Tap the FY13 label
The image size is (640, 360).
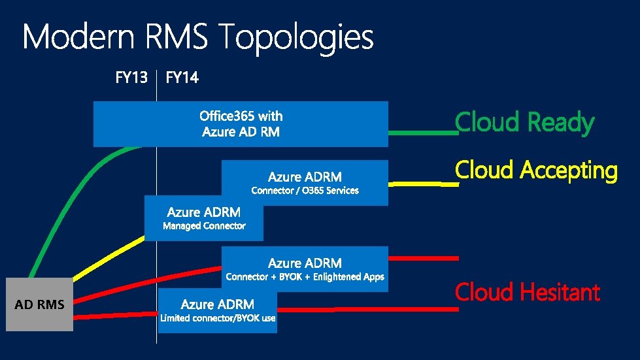(x=131, y=78)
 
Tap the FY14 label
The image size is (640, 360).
(x=182, y=78)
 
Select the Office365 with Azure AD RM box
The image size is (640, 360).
(x=241, y=123)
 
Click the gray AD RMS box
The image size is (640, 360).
(x=39, y=304)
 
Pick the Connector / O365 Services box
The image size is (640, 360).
(x=305, y=182)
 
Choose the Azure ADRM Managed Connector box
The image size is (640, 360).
(x=204, y=218)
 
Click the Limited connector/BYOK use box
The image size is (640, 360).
(x=218, y=310)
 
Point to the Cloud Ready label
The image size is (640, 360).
(x=524, y=122)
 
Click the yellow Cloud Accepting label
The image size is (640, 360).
(x=535, y=171)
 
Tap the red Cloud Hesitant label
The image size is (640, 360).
(x=527, y=292)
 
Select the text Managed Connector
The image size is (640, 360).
(x=204, y=226)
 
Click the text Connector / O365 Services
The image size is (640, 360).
(x=305, y=191)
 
